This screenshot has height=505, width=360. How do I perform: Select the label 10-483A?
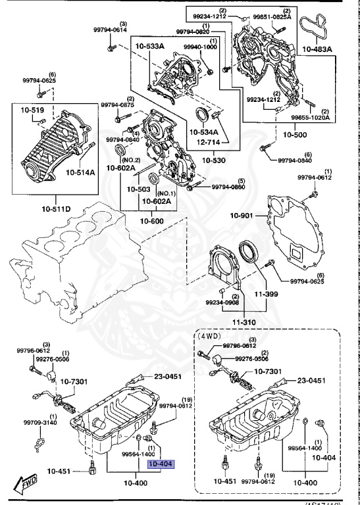pos(317,49)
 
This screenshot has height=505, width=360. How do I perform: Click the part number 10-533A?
pos(151,47)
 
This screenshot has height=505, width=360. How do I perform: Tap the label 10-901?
pos(242,216)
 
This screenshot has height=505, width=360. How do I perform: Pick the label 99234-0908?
pos(222,302)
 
